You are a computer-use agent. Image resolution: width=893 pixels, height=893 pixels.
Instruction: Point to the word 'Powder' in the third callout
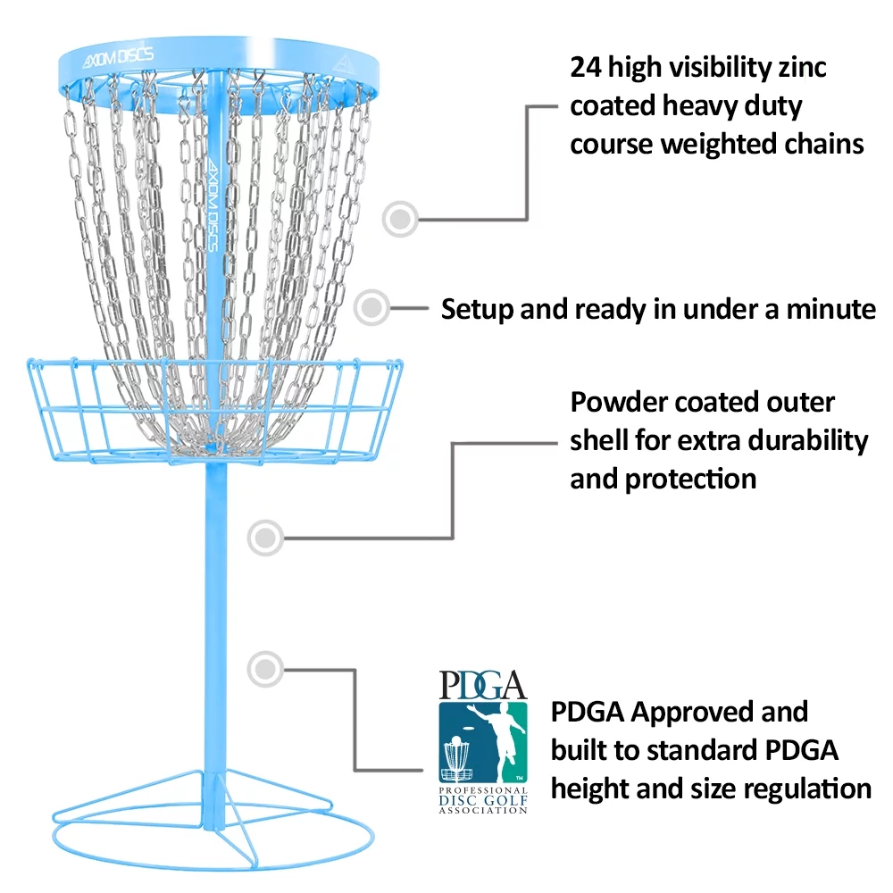617,402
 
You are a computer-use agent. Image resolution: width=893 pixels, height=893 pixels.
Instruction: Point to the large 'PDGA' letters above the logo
482,685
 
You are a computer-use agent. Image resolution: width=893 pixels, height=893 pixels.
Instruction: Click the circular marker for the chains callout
401,217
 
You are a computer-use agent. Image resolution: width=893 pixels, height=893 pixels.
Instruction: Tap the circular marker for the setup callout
371,308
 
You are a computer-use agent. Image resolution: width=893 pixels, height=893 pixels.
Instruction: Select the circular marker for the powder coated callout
264,537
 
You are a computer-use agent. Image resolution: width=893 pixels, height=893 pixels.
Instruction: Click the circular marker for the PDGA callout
264,667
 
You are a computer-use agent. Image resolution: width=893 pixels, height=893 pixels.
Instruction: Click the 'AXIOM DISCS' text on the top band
119,54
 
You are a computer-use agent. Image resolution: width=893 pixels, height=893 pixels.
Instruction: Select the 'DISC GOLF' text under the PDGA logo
482,801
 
